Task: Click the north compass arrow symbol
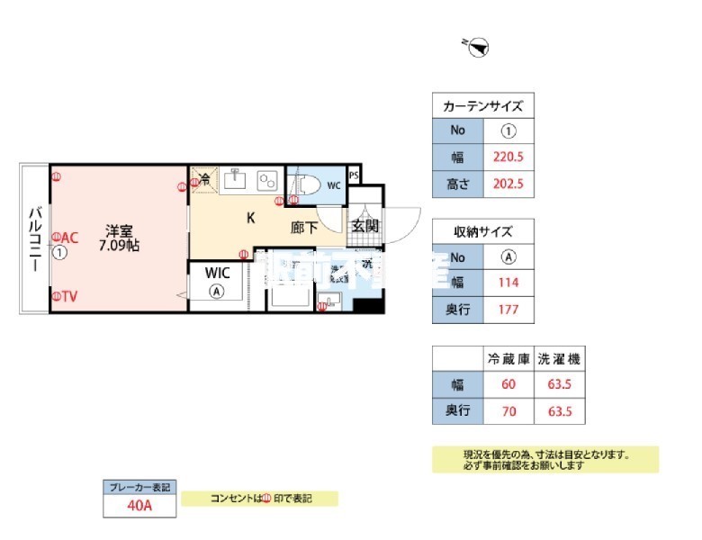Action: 478,44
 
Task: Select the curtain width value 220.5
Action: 509,156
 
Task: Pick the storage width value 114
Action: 509,283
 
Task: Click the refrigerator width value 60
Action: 509,384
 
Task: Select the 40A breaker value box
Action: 139,506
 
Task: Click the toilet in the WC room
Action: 306,184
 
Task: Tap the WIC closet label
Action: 217,272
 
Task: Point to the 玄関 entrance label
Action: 364,226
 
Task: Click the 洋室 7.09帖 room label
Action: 119,237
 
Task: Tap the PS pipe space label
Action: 354,175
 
